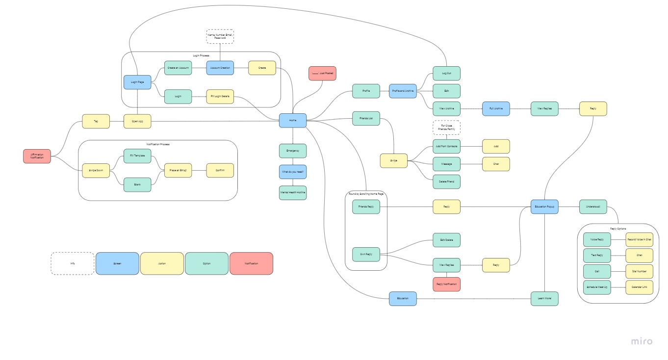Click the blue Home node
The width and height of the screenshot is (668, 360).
(x=293, y=120)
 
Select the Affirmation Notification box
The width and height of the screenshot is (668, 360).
(x=37, y=156)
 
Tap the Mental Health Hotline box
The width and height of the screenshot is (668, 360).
(x=293, y=193)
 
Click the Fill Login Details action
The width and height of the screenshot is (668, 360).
(x=220, y=96)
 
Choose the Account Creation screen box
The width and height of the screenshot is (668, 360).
(x=220, y=68)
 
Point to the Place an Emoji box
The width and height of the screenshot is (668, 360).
(x=178, y=170)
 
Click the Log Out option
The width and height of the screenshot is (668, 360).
(x=446, y=74)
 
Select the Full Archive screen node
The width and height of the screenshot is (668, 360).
(x=496, y=108)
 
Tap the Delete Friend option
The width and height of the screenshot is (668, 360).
(x=446, y=181)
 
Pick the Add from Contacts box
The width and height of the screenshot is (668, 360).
(x=446, y=146)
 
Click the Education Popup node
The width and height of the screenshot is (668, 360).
(x=544, y=206)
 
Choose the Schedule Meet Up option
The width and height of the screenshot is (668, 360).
(x=597, y=287)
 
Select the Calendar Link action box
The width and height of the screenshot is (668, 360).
(x=639, y=287)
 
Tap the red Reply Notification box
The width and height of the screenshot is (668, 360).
(x=446, y=284)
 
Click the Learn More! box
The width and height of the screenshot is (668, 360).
(x=544, y=298)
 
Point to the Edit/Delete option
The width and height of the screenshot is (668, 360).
(x=446, y=240)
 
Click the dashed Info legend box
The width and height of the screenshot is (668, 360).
(x=73, y=263)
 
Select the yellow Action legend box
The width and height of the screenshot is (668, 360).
(x=162, y=263)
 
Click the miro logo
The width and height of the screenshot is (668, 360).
(x=642, y=341)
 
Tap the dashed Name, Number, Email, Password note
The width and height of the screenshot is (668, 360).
(x=220, y=36)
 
